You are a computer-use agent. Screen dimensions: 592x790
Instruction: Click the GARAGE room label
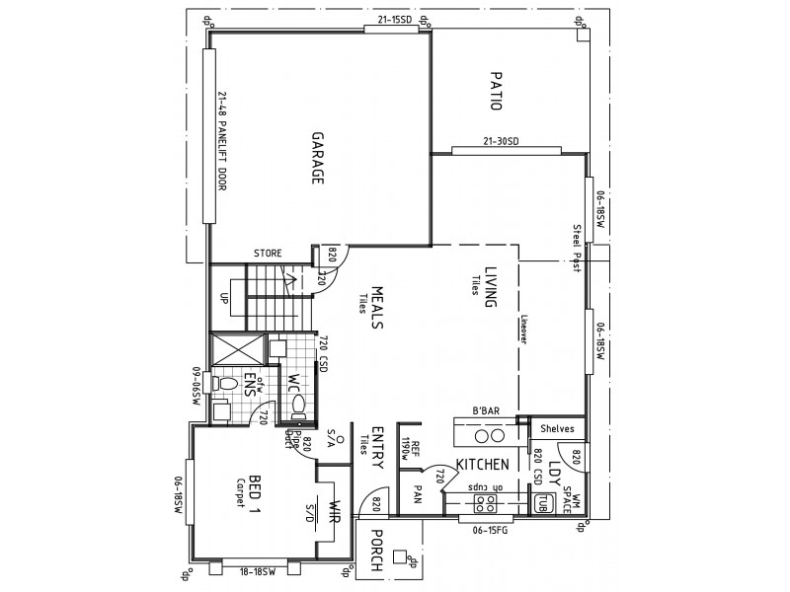click(x=319, y=158)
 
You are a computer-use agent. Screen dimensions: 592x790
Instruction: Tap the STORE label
click(x=269, y=254)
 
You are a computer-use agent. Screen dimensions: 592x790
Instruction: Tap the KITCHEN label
click(x=482, y=463)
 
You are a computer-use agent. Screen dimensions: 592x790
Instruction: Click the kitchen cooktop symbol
click(x=486, y=503)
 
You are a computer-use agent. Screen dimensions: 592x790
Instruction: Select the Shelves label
click(x=558, y=428)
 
